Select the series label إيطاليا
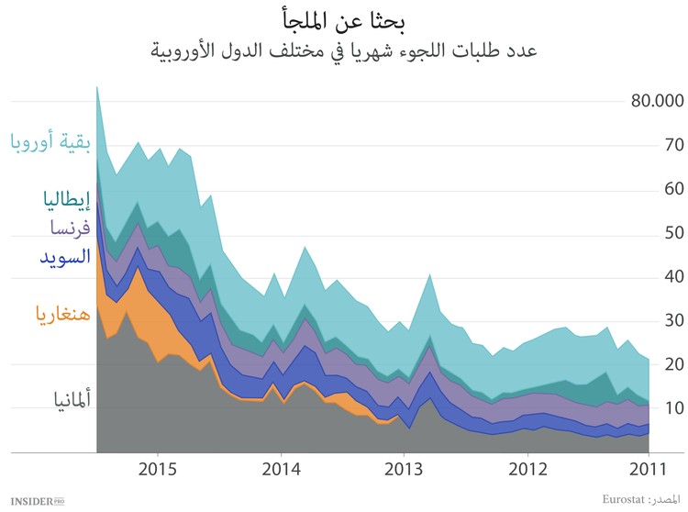point(66,198)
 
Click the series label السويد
point(61,255)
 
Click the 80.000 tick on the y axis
point(659,101)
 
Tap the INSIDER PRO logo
point(33,500)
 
